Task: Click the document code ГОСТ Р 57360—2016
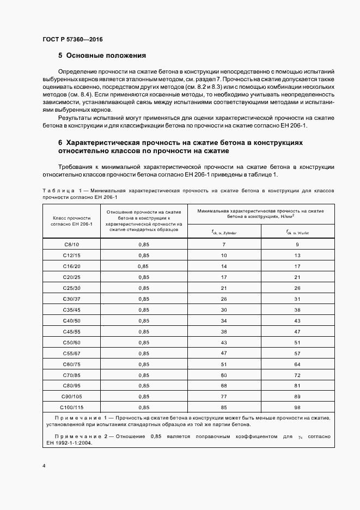click(72, 40)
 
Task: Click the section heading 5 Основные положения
click(102, 55)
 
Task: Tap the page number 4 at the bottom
click(44, 466)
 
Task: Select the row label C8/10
click(71, 244)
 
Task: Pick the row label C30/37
click(71, 299)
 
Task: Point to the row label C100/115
click(71, 407)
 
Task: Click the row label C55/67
click(71, 353)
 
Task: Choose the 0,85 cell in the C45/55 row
click(144, 331)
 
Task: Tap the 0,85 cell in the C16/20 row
click(143, 266)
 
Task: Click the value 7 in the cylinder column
click(224, 244)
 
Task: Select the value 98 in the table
click(297, 407)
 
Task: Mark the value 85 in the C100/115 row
click(224, 407)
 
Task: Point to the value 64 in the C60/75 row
click(297, 364)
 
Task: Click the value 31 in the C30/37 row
click(297, 299)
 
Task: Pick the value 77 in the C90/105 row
click(224, 396)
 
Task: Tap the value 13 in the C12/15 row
click(297, 255)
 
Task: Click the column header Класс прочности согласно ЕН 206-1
click(71, 221)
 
